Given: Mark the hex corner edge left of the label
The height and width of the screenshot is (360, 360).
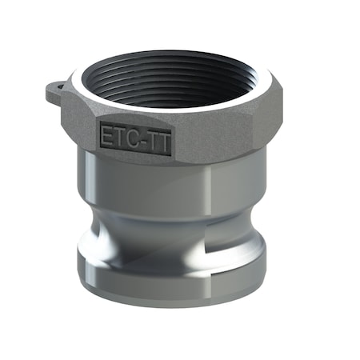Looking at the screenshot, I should (90, 128).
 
